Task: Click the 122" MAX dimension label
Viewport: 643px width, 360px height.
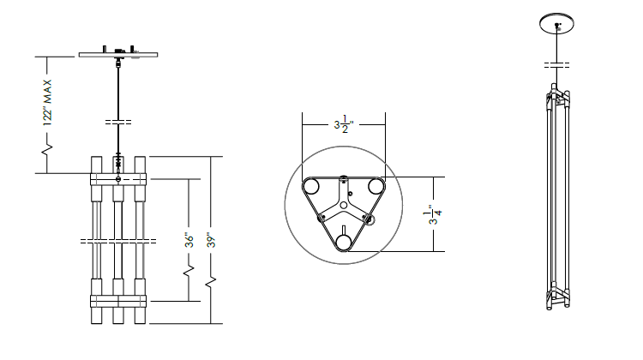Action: click(47, 103)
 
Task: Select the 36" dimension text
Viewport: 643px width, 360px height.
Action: click(189, 240)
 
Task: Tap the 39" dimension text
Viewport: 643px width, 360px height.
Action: click(211, 240)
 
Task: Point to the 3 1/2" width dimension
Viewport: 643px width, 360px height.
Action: click(344, 124)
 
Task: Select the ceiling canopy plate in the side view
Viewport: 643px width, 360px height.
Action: click(118, 55)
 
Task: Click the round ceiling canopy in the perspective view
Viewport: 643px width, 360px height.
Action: click(556, 23)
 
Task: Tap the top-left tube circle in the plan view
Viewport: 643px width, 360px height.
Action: click(311, 187)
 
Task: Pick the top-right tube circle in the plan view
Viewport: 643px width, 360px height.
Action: click(376, 187)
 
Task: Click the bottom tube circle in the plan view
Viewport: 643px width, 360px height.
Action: click(344, 243)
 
